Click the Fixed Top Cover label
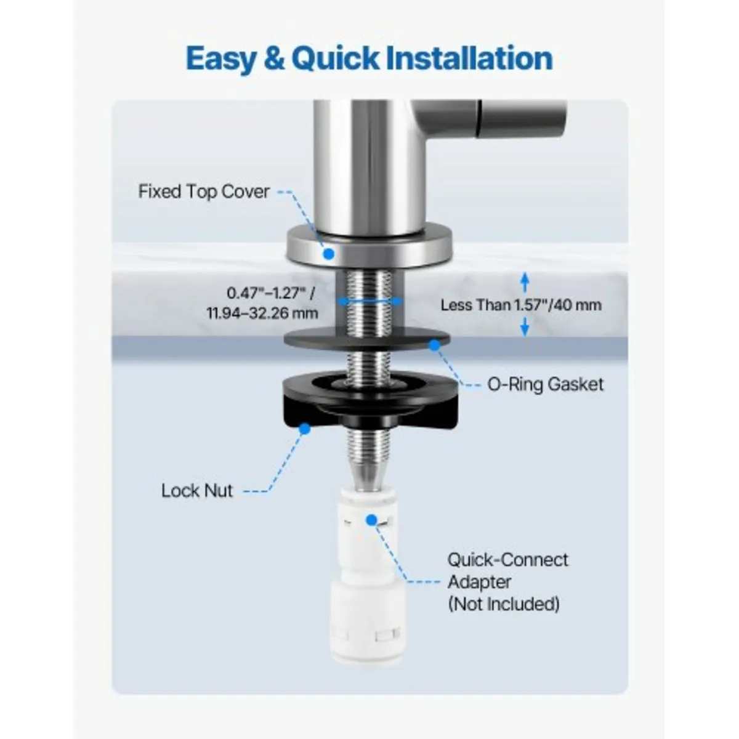click(204, 192)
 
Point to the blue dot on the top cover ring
click(329, 253)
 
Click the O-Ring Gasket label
click(546, 384)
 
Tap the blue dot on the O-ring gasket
click(435, 345)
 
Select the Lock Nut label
click(197, 491)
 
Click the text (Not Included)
click(504, 604)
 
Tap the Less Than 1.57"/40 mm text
click(521, 305)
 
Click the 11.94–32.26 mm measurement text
click(263, 313)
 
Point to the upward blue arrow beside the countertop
click(525, 282)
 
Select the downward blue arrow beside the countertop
click(525, 326)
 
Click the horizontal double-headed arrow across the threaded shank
click(369, 302)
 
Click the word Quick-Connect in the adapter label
click(507, 560)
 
